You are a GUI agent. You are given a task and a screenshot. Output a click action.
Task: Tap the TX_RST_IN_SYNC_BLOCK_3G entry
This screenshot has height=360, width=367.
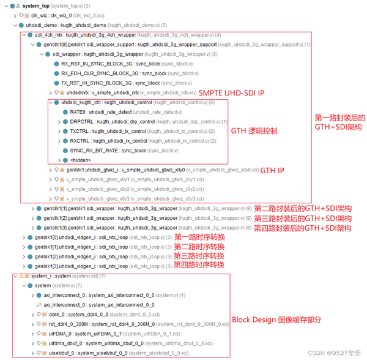110,83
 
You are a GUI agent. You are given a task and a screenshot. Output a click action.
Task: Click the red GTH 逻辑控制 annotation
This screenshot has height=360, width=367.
254,131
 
